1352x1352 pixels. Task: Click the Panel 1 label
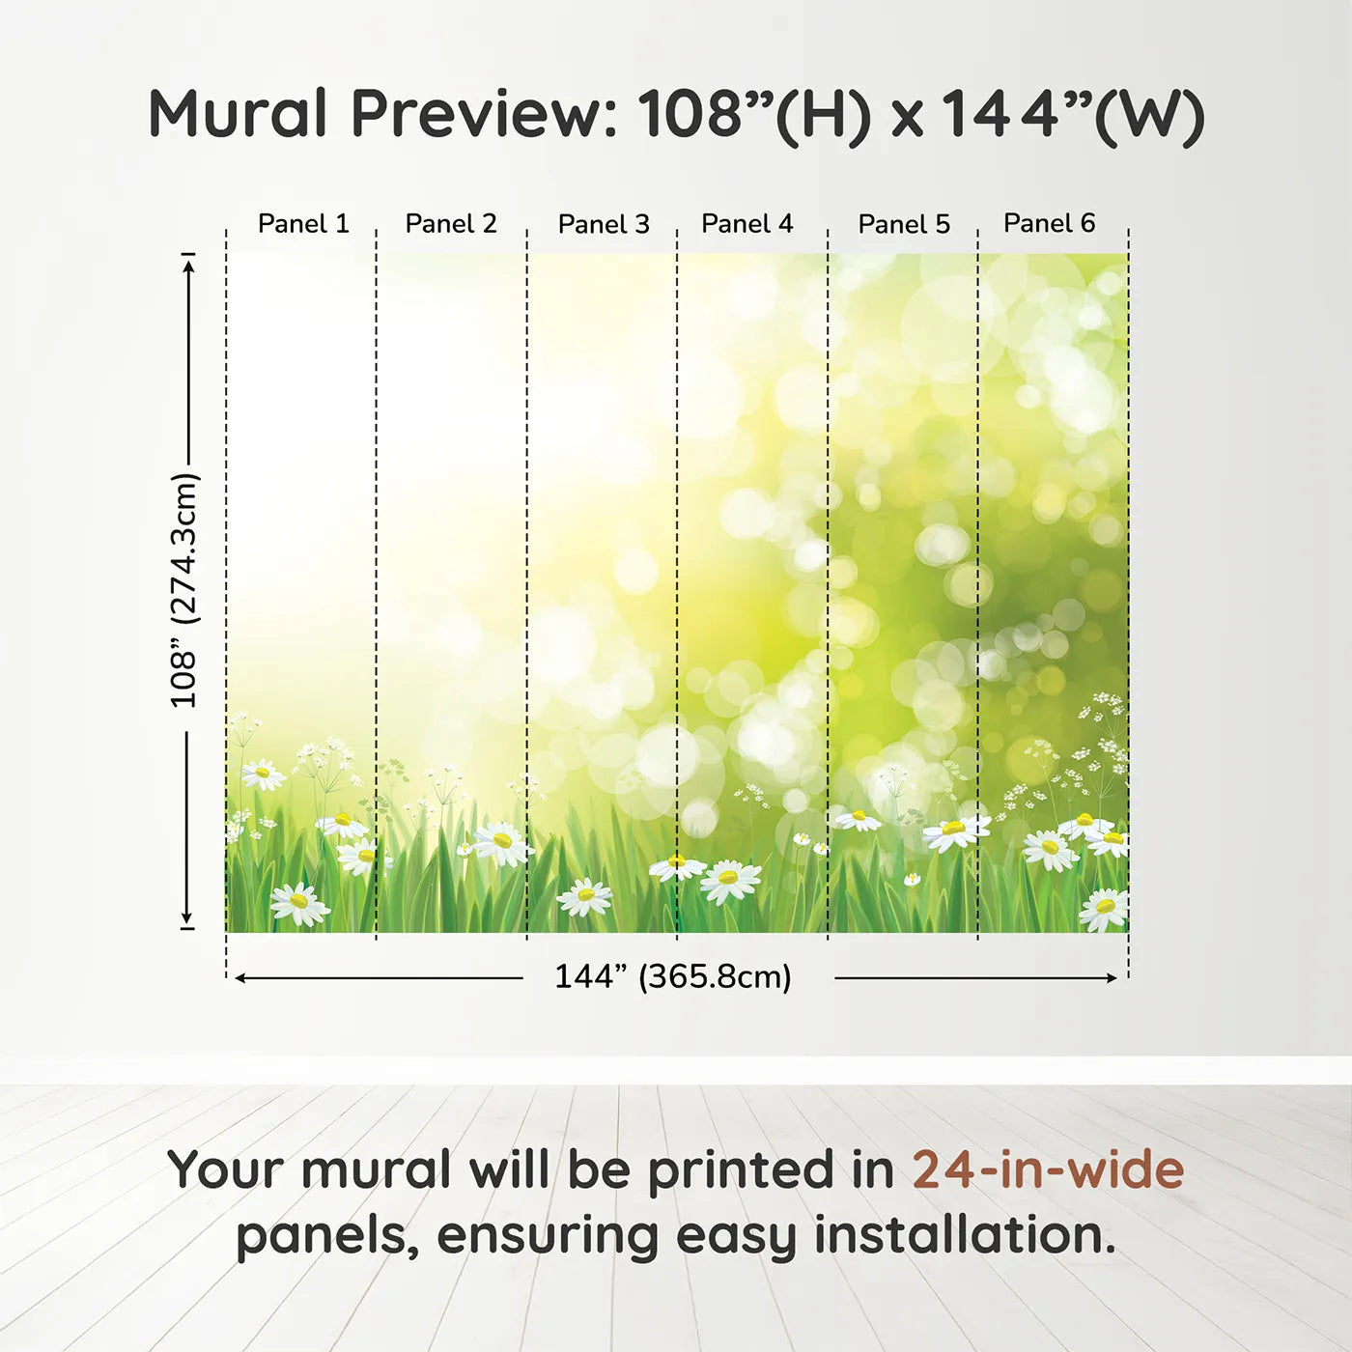pyautogui.click(x=302, y=224)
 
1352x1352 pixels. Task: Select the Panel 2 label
pyautogui.click(x=450, y=224)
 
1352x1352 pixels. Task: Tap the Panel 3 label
pyautogui.click(x=604, y=224)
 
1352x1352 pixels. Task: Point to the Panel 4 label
pyautogui.click(x=746, y=224)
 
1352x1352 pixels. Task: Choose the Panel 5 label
pyautogui.click(x=904, y=224)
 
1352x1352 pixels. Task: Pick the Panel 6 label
pyautogui.click(x=1049, y=224)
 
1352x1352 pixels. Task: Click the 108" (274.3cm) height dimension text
pyautogui.click(x=183, y=590)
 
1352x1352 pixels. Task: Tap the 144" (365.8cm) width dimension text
pyautogui.click(x=672, y=977)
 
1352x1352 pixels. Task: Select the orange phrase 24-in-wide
pyautogui.click(x=1048, y=1169)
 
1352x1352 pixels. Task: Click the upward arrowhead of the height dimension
pyautogui.click(x=189, y=264)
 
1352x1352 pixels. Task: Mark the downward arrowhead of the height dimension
pyautogui.click(x=187, y=918)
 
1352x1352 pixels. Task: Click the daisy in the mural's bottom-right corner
pyautogui.click(x=1104, y=908)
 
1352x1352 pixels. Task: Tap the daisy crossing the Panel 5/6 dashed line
pyautogui.click(x=954, y=831)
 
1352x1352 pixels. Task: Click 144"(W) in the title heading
pyautogui.click(x=1072, y=114)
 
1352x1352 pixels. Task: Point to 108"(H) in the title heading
pyautogui.click(x=753, y=114)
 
